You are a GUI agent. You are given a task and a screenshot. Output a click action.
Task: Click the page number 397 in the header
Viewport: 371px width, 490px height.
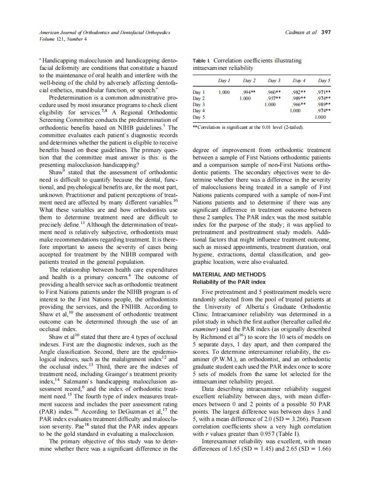pyautogui.click(x=326, y=32)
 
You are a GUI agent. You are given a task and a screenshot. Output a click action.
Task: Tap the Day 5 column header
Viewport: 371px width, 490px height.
pyautogui.click(x=324, y=81)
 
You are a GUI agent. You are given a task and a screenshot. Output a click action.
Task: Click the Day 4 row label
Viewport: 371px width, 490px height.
pyautogui.click(x=199, y=111)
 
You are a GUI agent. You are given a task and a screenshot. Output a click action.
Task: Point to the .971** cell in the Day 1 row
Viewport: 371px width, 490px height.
pyautogui.click(x=324, y=93)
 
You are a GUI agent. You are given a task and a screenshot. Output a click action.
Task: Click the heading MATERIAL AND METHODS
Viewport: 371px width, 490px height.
pyautogui.click(x=229, y=274)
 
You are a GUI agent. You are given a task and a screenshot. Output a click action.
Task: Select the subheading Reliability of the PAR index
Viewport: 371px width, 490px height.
pyautogui.click(x=229, y=282)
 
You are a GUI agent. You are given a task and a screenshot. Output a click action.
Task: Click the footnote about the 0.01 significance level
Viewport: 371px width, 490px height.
pyautogui.click(x=248, y=127)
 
